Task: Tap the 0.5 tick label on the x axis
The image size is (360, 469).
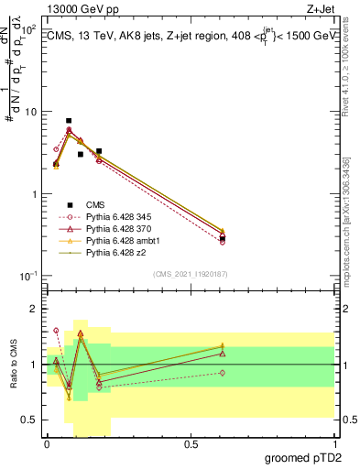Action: pyautogui.click(x=191, y=444)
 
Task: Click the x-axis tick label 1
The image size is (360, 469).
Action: pyautogui.click(x=333, y=444)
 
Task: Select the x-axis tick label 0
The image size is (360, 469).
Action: pyautogui.click(x=47, y=444)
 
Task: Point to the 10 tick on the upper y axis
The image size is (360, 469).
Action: pyautogui.click(x=30, y=112)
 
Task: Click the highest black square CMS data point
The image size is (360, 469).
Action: pyautogui.click(x=69, y=121)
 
